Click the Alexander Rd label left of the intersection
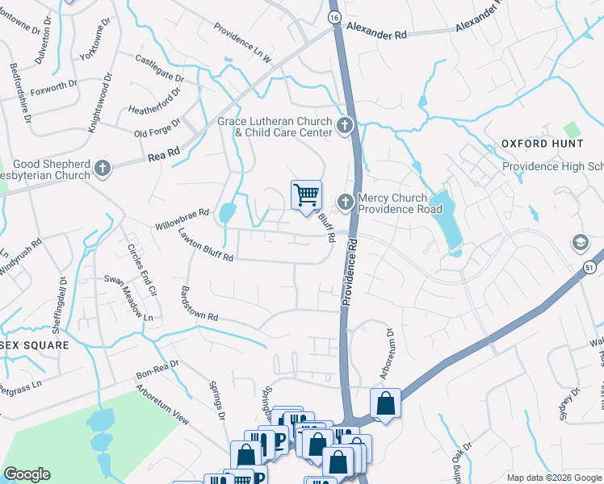(377, 35)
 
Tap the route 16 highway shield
(333, 16)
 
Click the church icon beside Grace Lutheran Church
(345, 125)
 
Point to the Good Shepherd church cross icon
(102, 168)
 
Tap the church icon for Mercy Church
(346, 202)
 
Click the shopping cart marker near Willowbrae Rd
(306, 195)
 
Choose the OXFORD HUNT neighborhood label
(542, 144)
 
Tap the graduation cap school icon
(580, 243)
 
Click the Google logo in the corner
(27, 474)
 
